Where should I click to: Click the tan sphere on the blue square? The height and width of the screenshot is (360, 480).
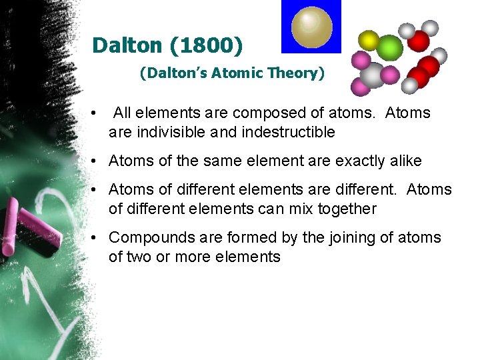click(311, 26)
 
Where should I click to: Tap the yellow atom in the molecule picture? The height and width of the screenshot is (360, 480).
click(369, 41)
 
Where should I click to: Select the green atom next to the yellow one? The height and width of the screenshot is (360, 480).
click(390, 47)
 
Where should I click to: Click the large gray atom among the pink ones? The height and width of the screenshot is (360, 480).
click(375, 75)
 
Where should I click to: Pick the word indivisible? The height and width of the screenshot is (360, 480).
click(169, 132)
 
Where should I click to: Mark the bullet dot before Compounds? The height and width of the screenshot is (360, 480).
click(96, 238)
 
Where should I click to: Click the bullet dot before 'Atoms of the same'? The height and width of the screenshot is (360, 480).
click(96, 161)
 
